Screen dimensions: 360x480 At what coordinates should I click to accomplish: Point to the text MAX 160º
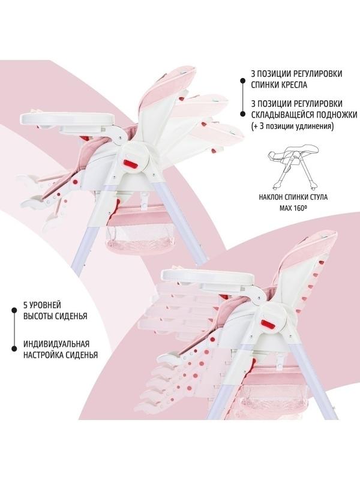(x=293, y=208)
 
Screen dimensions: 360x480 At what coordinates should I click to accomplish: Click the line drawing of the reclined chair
(x=293, y=167)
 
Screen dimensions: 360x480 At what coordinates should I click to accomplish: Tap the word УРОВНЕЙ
(x=44, y=305)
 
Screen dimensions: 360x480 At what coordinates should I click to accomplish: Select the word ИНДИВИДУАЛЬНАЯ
(x=56, y=344)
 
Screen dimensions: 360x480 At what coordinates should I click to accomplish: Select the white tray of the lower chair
(x=208, y=276)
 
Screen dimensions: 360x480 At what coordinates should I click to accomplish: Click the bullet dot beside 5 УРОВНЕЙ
(x=14, y=310)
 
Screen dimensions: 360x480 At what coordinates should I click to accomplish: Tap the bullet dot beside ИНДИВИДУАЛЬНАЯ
(x=14, y=349)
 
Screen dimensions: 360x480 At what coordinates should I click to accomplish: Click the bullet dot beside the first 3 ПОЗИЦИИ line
(x=242, y=81)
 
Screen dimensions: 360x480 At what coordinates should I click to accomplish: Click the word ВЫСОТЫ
(x=38, y=316)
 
